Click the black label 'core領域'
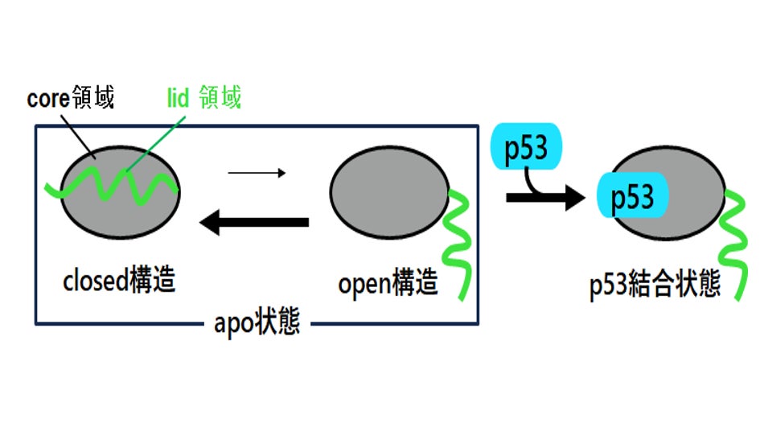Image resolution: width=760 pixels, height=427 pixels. tap(71, 99)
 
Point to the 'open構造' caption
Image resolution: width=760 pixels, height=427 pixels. tap(388, 284)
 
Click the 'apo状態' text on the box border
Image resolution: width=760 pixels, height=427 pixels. tap(257, 323)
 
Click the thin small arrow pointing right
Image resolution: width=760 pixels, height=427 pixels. tap(257, 172)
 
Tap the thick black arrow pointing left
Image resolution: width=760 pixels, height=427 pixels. tap(253, 221)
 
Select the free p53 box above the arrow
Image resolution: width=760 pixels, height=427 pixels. tap(525, 148)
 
